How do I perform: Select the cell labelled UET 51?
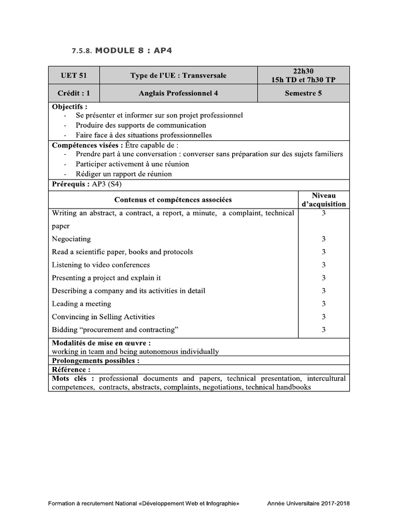[x=74, y=76]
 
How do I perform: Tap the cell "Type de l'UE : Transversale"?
[x=178, y=76]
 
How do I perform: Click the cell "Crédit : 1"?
[x=74, y=94]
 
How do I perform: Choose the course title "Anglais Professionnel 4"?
[x=178, y=94]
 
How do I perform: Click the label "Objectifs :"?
[x=70, y=107]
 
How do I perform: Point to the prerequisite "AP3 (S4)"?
[x=107, y=184]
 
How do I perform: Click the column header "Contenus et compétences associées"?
[x=173, y=200]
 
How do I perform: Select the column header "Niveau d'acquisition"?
[x=323, y=200]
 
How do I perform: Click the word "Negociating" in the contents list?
[x=72, y=239]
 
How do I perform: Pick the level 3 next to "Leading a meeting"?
[x=323, y=304]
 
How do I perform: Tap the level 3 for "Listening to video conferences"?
[x=323, y=265]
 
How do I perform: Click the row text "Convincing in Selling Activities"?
[x=103, y=317]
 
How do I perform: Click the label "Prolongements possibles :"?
[x=96, y=361]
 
